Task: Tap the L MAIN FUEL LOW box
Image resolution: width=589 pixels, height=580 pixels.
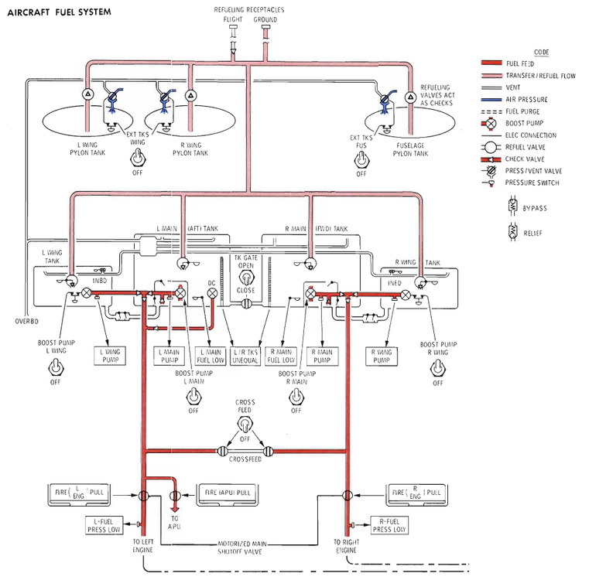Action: (211, 356)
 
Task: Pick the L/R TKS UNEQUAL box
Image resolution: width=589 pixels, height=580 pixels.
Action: (246, 356)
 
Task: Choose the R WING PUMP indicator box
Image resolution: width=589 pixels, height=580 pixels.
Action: (382, 356)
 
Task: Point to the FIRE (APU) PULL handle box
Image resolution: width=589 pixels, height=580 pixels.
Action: (227, 493)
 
